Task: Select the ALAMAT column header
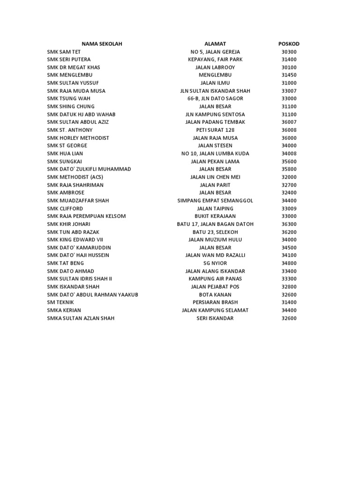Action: pos(215,44)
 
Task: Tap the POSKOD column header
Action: pos(289,44)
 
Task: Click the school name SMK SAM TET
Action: pos(65,52)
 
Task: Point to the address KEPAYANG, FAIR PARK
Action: pos(215,60)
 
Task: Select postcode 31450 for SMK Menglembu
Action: pos(289,75)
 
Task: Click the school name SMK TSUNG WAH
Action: pos(68,98)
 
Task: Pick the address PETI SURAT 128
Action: pos(215,130)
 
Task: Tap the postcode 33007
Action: pos(289,91)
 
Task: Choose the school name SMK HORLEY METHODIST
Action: pos(78,138)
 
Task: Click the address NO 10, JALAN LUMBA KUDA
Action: pos(215,154)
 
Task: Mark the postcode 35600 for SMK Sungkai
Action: pos(289,161)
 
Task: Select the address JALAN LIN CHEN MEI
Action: pos(215,177)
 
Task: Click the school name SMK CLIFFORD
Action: pos(65,209)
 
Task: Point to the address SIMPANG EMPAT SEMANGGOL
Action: pos(215,201)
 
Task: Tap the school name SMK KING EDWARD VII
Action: pos(75,240)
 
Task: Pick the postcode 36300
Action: pos(289,224)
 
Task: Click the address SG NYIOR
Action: pos(215,263)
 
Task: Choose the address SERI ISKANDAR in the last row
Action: pos(215,318)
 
